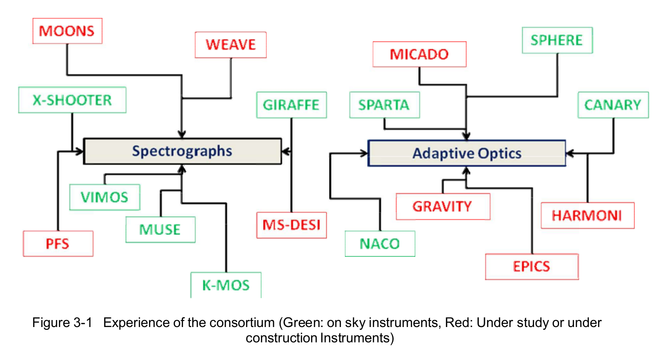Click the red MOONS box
pos(67,31)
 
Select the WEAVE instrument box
pos(231,45)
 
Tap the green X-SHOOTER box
pos(72,100)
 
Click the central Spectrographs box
pos(183,151)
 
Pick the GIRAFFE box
pos(292,105)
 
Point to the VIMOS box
pos(105,197)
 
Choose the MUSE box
pos(160,229)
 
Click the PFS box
pos(58,243)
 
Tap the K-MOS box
pos(226,285)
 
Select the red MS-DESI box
pos(292,225)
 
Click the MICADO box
pos(419,54)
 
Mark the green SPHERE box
pos(557,40)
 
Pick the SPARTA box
pos(385,105)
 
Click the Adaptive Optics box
pos(467,153)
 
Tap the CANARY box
pos(613,105)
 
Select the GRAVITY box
pos(443,207)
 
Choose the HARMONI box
pos(587,216)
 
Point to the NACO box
pos(380,243)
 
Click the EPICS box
pos(532,267)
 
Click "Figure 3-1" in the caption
pos(62,322)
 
